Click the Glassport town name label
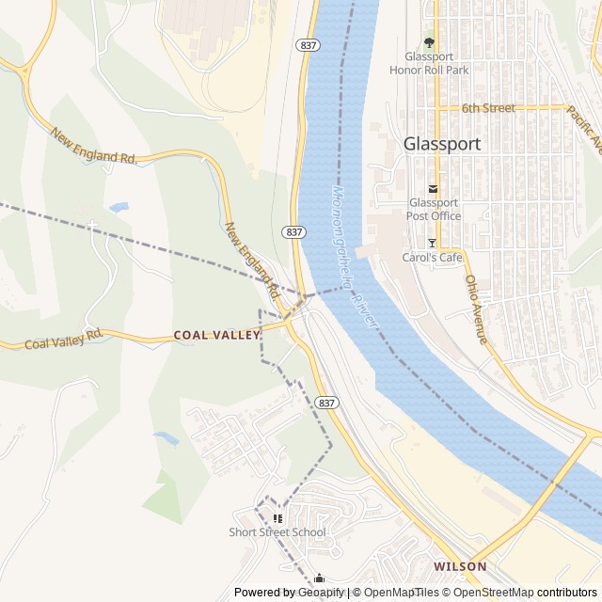click(x=441, y=144)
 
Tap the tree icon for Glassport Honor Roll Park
click(x=430, y=42)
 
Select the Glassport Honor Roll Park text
click(x=429, y=62)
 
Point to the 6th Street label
click(x=488, y=108)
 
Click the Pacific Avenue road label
click(x=584, y=129)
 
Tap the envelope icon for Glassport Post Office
click(x=433, y=188)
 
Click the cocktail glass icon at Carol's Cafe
click(x=432, y=243)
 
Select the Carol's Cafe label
click(x=433, y=257)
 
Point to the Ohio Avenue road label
click(x=476, y=309)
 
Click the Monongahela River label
click(x=354, y=254)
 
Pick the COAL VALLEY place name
click(x=216, y=335)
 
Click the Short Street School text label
click(x=277, y=532)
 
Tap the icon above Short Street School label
click(x=277, y=518)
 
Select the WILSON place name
click(x=460, y=566)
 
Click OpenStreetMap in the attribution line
click(x=494, y=593)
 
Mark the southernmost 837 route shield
click(x=326, y=403)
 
